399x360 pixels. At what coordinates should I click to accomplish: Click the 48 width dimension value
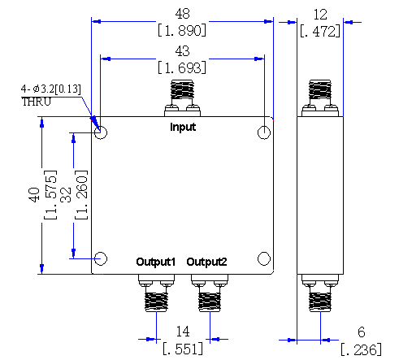coord(182,14)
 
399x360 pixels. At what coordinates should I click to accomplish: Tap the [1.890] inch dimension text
coord(182,30)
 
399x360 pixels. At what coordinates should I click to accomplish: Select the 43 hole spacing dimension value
coord(182,51)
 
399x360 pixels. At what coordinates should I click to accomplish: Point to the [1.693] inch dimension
coord(182,67)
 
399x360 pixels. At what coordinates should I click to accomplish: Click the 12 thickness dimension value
coord(320,15)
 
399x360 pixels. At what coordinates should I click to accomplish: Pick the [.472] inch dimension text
coord(320,31)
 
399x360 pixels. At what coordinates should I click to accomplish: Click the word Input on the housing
coord(183,127)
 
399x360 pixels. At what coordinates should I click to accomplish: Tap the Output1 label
coord(156,262)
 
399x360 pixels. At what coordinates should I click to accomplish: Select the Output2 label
coord(206,262)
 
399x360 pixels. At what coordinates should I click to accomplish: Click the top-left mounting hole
coord(101,126)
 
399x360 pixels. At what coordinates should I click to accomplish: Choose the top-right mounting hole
coord(264,126)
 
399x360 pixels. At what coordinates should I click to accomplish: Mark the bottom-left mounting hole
coord(101,252)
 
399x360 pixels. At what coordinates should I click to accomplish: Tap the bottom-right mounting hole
coord(264,252)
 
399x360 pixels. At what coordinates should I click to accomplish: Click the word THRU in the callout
coord(37,102)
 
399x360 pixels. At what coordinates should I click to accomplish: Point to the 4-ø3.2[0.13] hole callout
coord(51,89)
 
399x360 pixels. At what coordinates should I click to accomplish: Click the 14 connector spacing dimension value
coord(183,332)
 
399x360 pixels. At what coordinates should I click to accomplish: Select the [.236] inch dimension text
coord(361,349)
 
